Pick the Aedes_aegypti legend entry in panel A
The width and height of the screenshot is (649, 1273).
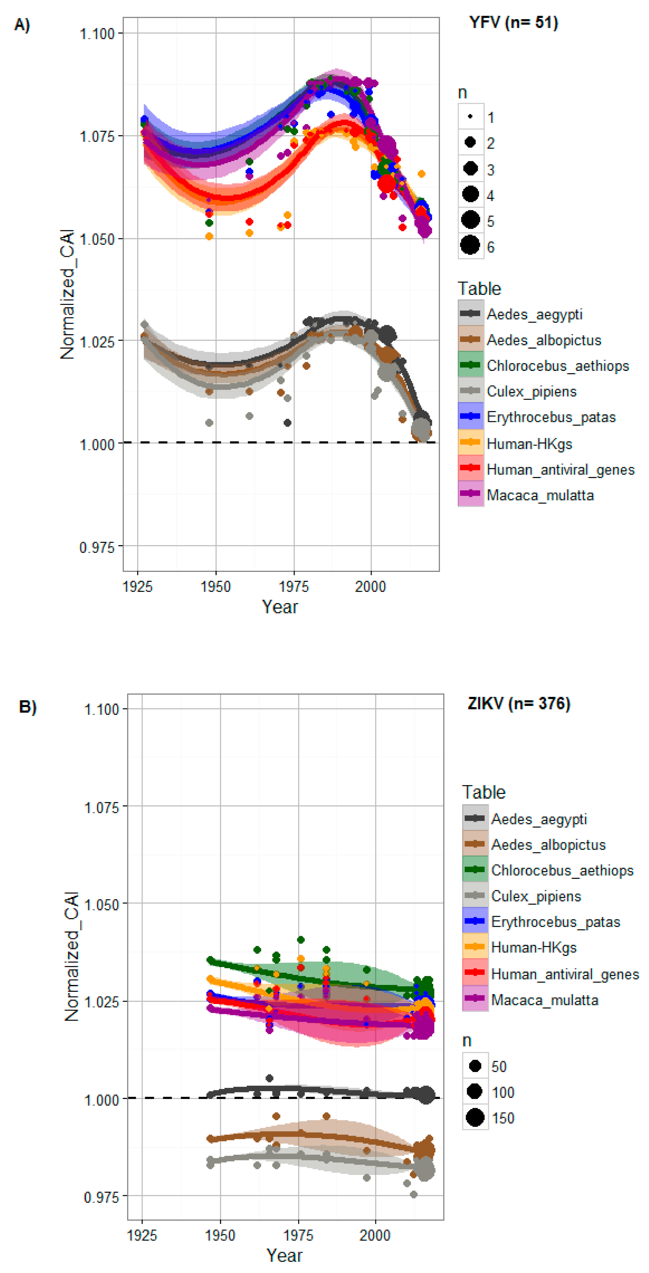pyautogui.click(x=534, y=314)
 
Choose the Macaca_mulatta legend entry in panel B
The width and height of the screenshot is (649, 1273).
pyautogui.click(x=544, y=1000)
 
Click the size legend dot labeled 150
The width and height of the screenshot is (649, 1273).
pyautogui.click(x=475, y=1118)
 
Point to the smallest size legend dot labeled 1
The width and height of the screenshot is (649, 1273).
pyautogui.click(x=470, y=117)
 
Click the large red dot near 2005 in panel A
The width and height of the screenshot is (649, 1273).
pyautogui.click(x=387, y=184)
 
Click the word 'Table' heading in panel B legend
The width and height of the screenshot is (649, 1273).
pyautogui.click(x=483, y=792)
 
